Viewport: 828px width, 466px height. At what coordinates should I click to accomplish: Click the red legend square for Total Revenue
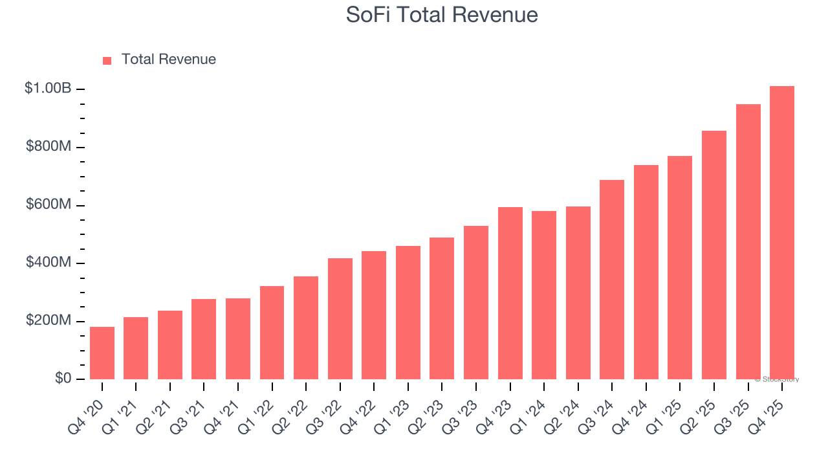[x=107, y=60]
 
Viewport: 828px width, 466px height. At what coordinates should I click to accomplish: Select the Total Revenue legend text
[x=168, y=60]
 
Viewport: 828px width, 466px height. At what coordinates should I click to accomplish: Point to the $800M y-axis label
[x=49, y=147]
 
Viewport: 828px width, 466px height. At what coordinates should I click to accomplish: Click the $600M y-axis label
[x=49, y=205]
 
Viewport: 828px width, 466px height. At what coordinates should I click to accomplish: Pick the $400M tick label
[x=49, y=263]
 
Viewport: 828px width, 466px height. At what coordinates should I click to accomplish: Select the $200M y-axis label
[x=49, y=321]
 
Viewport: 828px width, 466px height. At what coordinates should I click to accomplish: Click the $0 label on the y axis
[x=62, y=379]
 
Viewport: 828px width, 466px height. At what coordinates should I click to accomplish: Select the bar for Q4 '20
[x=102, y=353]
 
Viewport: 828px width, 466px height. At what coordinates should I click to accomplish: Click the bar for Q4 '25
[x=782, y=233]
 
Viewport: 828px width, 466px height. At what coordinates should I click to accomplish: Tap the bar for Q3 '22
[x=340, y=319]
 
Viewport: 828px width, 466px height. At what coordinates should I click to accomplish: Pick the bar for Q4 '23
[x=510, y=293]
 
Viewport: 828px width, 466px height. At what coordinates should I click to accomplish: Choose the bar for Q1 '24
[x=544, y=295]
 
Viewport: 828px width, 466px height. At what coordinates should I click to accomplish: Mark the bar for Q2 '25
[x=714, y=255]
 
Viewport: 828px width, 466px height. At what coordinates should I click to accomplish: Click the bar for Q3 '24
[x=612, y=280]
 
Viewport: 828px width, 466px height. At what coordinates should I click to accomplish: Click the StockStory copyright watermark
[x=777, y=379]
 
